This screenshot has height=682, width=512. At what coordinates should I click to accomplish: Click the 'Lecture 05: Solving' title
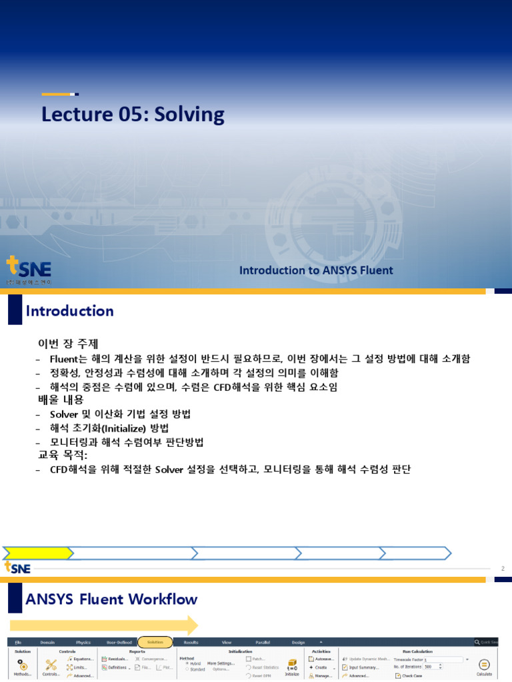[133, 115]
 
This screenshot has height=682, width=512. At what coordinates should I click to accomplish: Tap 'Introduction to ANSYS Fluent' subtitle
[316, 270]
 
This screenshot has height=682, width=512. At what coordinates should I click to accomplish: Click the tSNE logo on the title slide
[29, 270]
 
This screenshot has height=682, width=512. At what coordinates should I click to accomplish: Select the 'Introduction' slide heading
[69, 311]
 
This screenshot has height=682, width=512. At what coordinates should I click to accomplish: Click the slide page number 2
[503, 568]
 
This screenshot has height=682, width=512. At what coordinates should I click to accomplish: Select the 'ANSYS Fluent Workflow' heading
[111, 599]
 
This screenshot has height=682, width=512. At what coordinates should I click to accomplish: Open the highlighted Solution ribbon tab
[155, 642]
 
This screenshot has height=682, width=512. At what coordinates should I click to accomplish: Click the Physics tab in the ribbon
[83, 642]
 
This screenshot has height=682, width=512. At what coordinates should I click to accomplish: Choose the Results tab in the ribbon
[191, 642]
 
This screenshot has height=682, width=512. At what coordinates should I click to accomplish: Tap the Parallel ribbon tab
[262, 642]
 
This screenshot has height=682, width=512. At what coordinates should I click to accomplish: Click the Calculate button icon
[485, 665]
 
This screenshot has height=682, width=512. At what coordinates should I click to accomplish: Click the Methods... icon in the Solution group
[23, 665]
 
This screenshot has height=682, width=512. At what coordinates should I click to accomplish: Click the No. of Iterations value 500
[427, 667]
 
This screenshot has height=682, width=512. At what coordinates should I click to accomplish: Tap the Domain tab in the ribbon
[48, 642]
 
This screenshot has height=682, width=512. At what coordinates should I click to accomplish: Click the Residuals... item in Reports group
[115, 659]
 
